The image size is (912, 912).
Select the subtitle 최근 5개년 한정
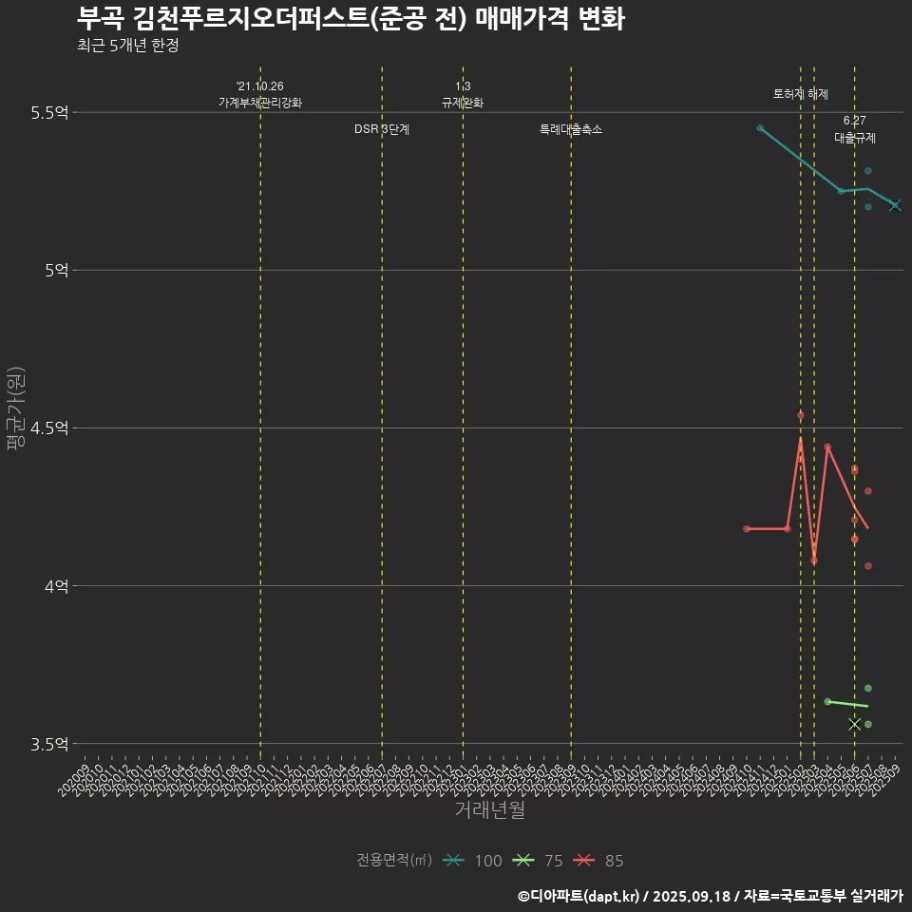[127, 46]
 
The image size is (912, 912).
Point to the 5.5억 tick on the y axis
[49, 113]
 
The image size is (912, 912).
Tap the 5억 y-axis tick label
[56, 271]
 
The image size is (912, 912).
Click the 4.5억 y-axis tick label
[49, 428]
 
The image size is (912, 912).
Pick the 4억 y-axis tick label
[56, 586]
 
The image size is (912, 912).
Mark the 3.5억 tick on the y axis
[49, 744]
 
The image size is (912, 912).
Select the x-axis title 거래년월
[489, 810]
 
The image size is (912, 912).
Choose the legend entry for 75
[537, 861]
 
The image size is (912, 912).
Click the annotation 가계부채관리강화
[260, 103]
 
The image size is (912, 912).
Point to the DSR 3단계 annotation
[382, 129]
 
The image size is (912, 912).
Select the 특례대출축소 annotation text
[571, 129]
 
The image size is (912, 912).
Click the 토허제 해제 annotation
[801, 95]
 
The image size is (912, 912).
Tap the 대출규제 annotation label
[855, 138]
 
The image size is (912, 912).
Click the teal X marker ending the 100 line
[895, 205]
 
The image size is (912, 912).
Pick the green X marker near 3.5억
[854, 724]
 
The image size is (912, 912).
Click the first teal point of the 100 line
[760, 127]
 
